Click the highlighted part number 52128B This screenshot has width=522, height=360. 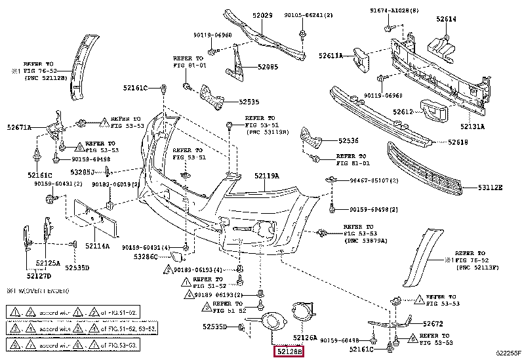[289, 352]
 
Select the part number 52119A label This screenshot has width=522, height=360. [267, 176]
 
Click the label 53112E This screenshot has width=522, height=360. [490, 188]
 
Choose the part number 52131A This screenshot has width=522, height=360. [472, 126]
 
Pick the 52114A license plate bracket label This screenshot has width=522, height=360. [97, 247]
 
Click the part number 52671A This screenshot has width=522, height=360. [20, 127]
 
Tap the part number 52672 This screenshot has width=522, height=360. [433, 324]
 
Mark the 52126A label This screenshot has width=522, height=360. [305, 338]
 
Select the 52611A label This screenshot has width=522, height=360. [331, 56]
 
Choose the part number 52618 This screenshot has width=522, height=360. [458, 142]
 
